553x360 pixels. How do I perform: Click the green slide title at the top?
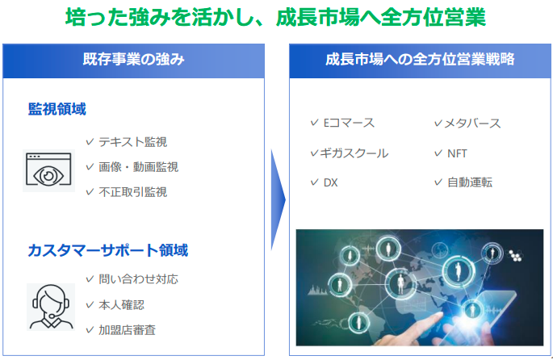coord(275,17)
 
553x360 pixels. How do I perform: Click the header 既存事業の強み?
coord(134,59)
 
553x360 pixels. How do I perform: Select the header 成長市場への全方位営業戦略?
coord(420,59)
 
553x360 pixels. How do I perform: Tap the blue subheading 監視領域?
coord(57,109)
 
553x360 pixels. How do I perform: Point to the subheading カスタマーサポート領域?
coord(108,250)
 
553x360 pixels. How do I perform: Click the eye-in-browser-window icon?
coord(48,170)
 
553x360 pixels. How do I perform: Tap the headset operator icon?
coord(51,307)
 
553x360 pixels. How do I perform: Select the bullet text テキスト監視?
coord(133,142)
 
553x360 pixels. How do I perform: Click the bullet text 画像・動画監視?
coord(139,167)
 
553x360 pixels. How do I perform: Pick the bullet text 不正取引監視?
coord(133,192)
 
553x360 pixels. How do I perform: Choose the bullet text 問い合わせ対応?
coord(139,279)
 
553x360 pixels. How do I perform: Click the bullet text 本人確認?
coord(122,304)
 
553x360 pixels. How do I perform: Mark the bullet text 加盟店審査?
coord(128,330)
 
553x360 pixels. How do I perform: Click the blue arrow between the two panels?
coord(278,200)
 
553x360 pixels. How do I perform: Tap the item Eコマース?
coord(349,123)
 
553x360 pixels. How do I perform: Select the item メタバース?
coord(472,123)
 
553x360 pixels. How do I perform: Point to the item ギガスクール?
coord(354,153)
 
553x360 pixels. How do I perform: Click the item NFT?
coord(457,153)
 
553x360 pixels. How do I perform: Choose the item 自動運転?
coord(470,182)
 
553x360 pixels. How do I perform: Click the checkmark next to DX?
coord(315,182)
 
